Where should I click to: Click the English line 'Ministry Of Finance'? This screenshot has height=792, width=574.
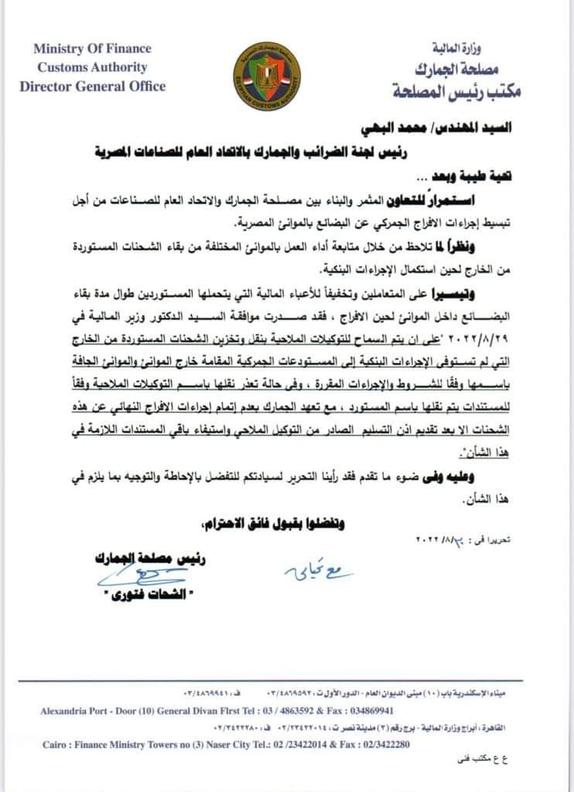pyautogui.click(x=93, y=49)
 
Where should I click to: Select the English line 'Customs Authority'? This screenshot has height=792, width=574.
pyautogui.click(x=92, y=67)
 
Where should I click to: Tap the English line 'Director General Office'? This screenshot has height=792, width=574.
pyautogui.click(x=93, y=86)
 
